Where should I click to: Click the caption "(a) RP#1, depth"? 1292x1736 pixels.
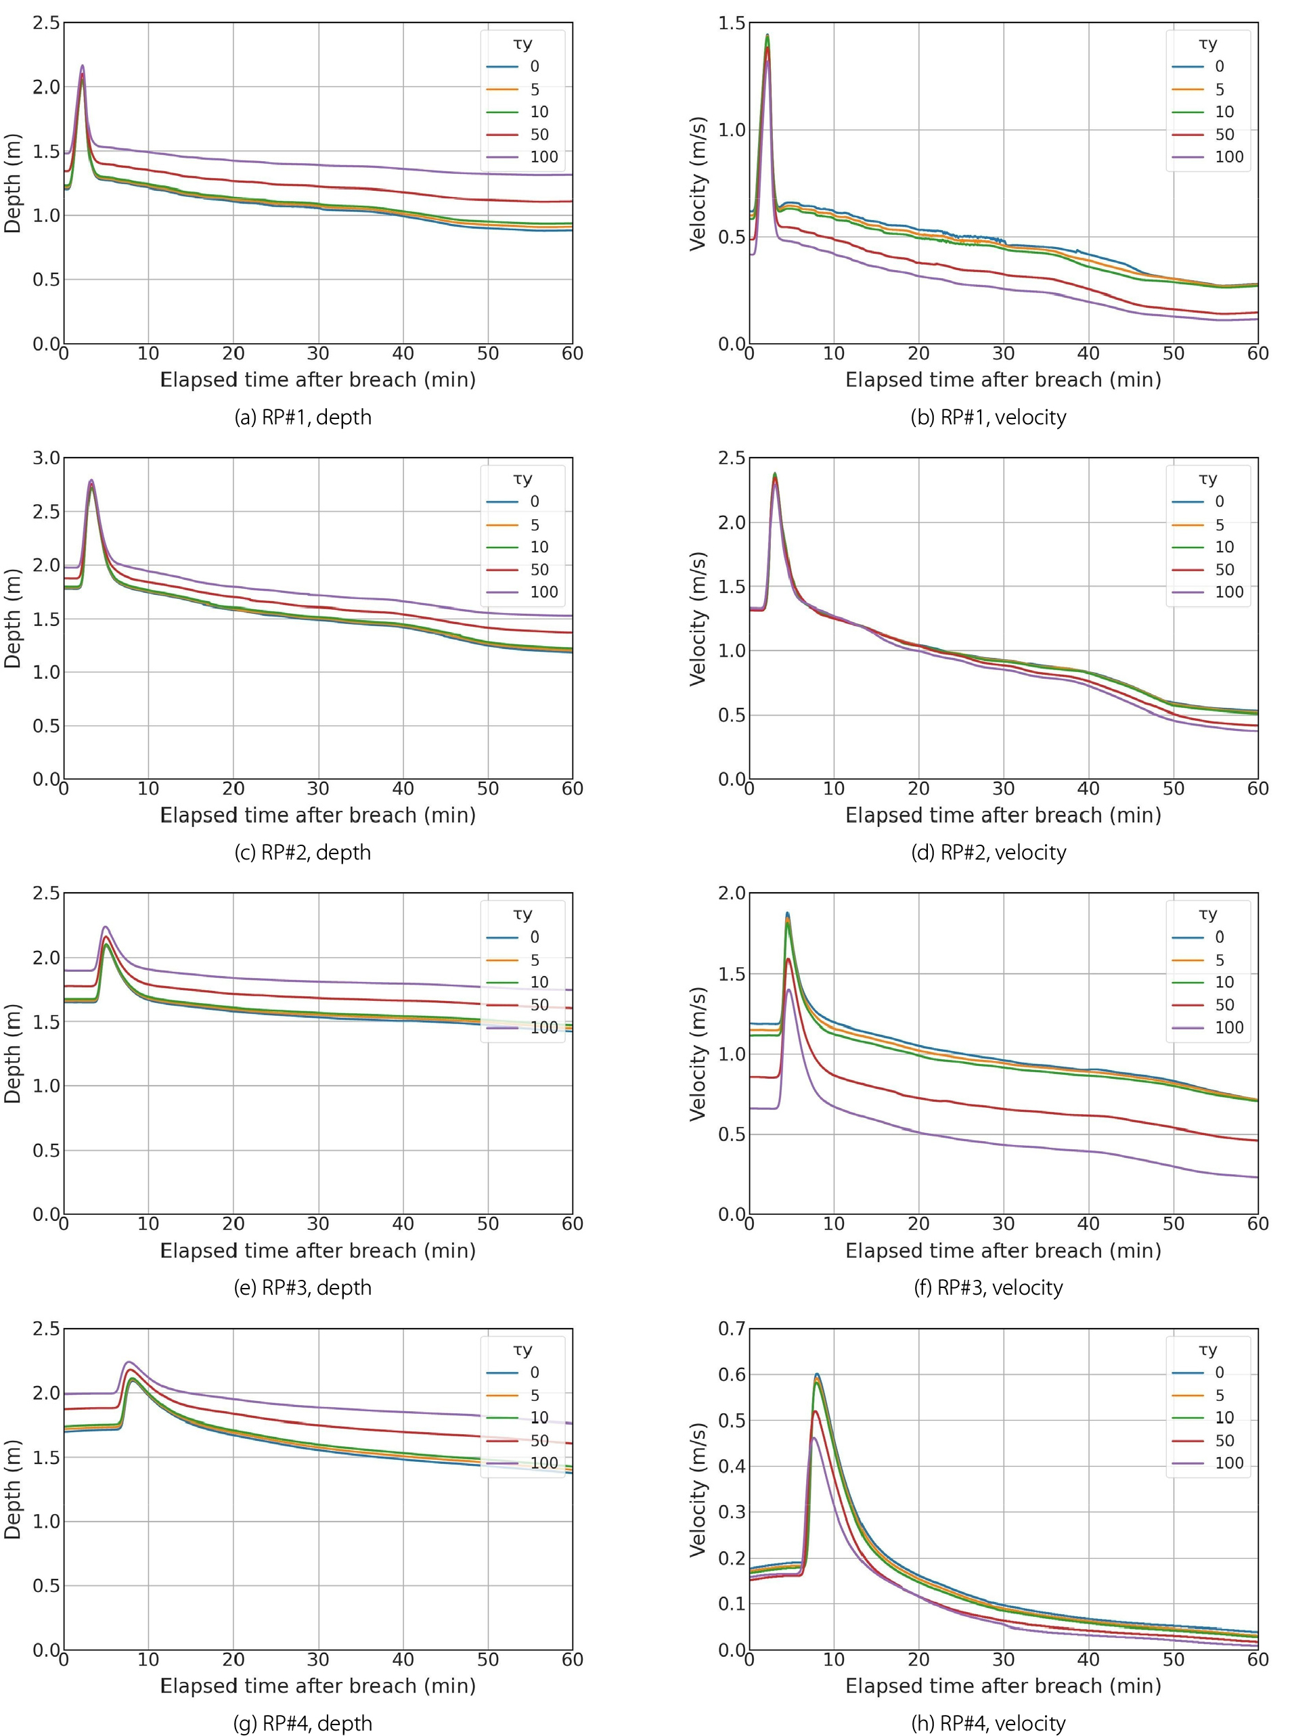[303, 418]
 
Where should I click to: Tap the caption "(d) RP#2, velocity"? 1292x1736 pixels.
[989, 852]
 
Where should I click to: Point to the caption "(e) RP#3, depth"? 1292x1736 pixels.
[303, 1288]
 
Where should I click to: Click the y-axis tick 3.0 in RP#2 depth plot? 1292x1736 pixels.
[46, 458]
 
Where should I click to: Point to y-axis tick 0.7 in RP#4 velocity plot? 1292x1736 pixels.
[732, 1328]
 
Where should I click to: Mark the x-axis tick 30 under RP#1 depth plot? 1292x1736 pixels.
[318, 353]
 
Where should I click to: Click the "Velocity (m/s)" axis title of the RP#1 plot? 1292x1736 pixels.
[698, 184]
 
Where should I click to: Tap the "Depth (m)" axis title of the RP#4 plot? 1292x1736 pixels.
[12, 1490]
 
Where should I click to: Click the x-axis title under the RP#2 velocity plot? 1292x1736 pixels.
[1004, 816]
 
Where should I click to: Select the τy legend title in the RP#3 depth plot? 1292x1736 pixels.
[522, 914]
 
